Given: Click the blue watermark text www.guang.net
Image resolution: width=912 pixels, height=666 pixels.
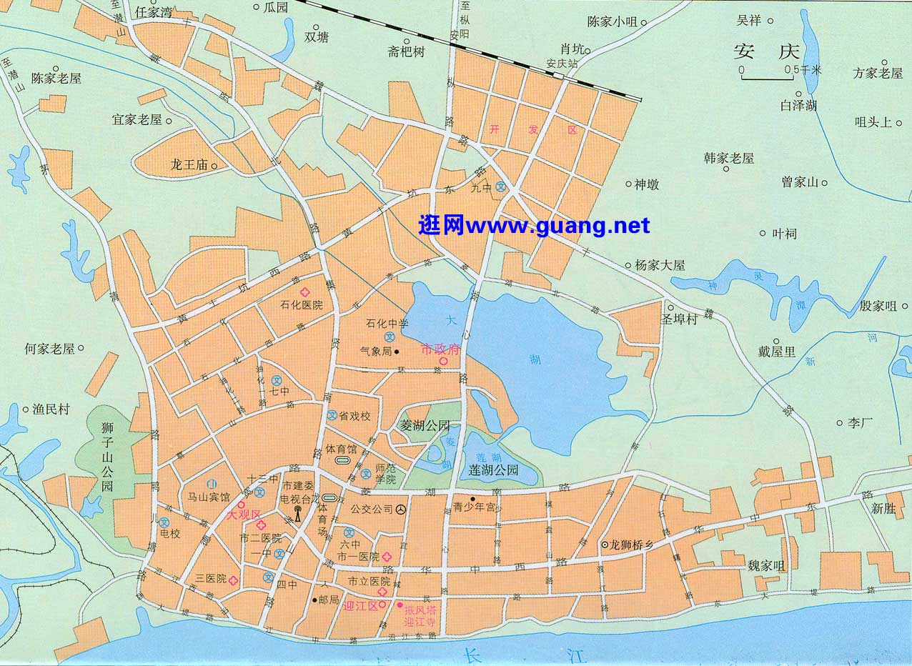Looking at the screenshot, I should (x=534, y=226).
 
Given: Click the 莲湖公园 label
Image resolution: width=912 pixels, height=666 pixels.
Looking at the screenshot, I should (x=493, y=471).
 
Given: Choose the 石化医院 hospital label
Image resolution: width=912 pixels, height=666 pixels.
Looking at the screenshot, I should (x=301, y=305).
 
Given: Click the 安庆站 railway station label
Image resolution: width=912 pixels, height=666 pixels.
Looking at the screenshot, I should (x=561, y=63).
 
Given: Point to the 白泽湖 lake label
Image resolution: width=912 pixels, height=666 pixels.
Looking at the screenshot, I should (x=798, y=106).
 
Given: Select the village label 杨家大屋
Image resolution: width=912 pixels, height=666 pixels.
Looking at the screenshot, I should (x=659, y=265).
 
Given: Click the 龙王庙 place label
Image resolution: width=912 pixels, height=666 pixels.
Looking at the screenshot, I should (x=188, y=165).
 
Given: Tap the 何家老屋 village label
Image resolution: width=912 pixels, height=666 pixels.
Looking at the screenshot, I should (x=49, y=349).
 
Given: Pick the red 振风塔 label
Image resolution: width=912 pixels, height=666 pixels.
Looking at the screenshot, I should (x=420, y=610).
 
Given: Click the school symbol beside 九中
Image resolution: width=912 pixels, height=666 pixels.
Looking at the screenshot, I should (x=501, y=187).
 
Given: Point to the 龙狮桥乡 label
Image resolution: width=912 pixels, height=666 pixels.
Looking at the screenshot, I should (x=632, y=544).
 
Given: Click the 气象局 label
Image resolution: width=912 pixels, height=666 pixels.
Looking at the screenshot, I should (x=375, y=352).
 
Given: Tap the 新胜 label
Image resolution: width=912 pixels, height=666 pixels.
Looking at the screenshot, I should (x=883, y=509).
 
